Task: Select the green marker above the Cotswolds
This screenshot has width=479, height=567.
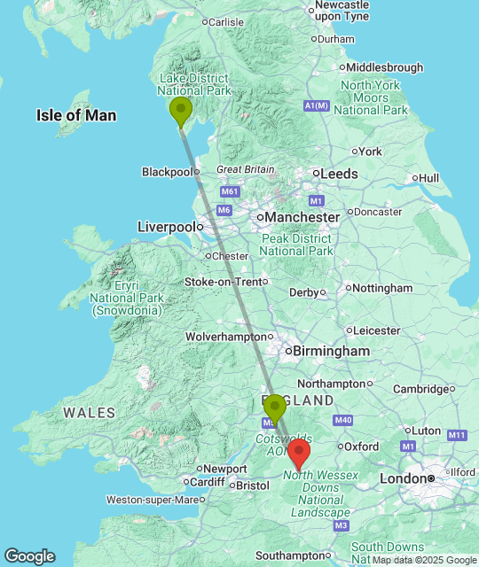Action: pos(275,408)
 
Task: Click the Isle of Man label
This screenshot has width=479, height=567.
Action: pos(76,115)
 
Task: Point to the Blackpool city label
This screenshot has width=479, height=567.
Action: pos(166,172)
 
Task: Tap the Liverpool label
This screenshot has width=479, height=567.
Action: pos(166,227)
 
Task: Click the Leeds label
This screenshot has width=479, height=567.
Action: pos(340,174)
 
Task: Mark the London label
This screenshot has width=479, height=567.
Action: pos(404,478)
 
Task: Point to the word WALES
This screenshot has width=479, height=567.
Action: pos(90,413)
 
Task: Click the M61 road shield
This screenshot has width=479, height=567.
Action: pos(231,191)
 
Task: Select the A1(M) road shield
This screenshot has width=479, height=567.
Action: pos(316,106)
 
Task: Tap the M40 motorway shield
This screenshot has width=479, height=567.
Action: pos(344,420)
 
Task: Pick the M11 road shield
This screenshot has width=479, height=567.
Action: pos(457,435)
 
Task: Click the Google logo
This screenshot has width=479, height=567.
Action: pos(28,555)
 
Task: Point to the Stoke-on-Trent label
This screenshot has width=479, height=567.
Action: pos(224,282)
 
